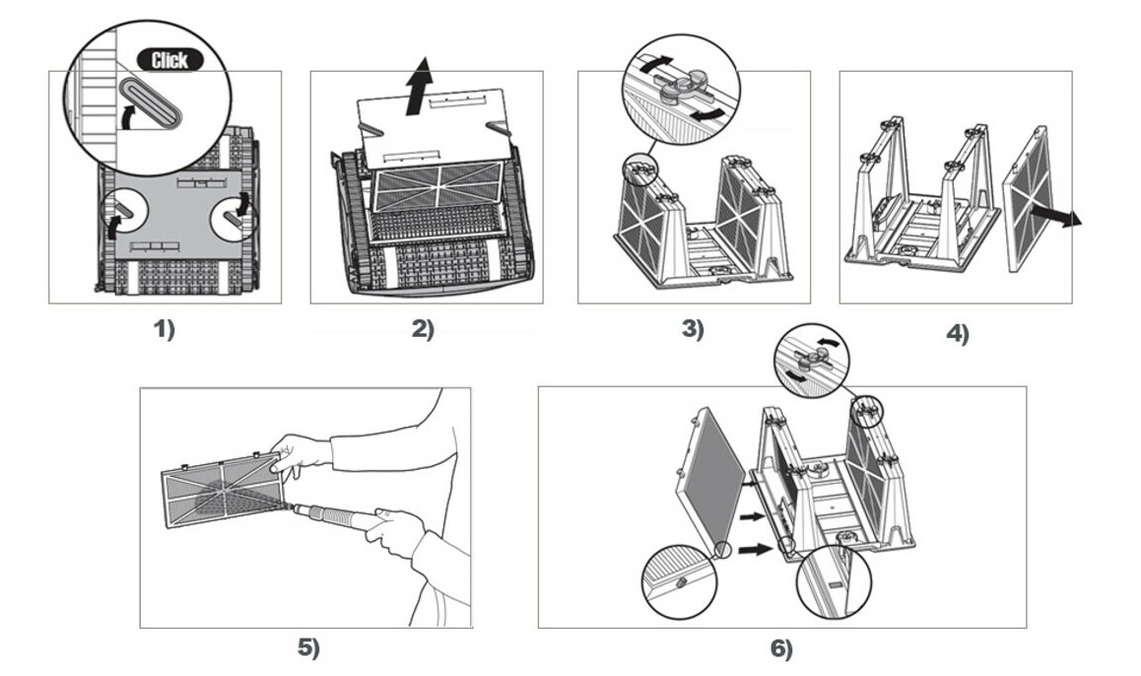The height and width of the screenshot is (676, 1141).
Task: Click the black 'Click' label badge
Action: click(168, 59)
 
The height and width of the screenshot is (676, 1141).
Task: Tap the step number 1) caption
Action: click(164, 330)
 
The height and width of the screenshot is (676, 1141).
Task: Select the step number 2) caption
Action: click(423, 330)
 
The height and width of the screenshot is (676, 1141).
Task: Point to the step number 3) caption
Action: click(693, 330)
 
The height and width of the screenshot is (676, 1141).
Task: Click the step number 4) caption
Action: click(957, 334)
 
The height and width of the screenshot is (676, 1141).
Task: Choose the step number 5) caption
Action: click(309, 647)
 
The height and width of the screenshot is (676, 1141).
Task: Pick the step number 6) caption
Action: click(780, 649)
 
